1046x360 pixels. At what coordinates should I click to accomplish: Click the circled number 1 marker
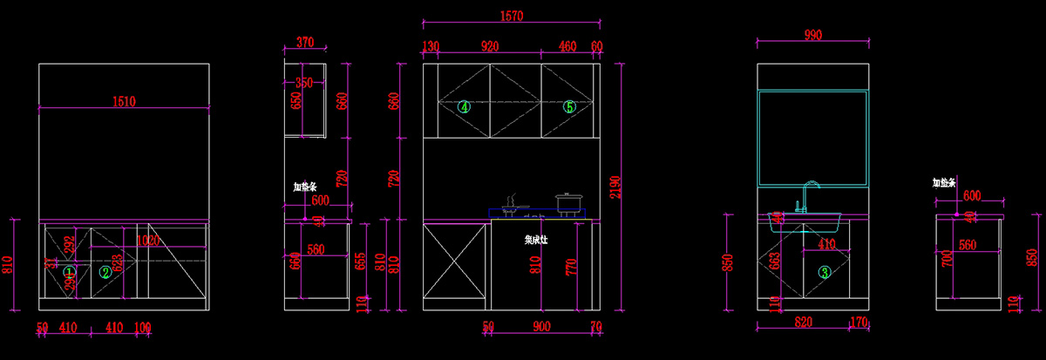pyautogui.click(x=70, y=272)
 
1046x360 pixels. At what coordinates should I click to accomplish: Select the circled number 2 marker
pyautogui.click(x=105, y=272)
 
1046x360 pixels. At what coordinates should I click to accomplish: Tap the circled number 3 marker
pyautogui.click(x=825, y=272)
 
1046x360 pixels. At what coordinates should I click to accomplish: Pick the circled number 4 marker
pyautogui.click(x=465, y=107)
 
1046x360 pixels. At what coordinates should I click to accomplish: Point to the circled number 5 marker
pyautogui.click(x=569, y=107)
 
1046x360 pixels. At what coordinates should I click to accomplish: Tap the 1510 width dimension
pyautogui.click(x=124, y=102)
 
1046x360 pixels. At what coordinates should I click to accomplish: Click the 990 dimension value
pyautogui.click(x=812, y=34)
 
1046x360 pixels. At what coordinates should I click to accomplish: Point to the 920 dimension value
pyautogui.click(x=489, y=46)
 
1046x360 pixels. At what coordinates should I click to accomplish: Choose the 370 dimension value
pyautogui.click(x=304, y=41)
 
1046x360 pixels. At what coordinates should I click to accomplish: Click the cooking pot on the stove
pyautogui.click(x=568, y=204)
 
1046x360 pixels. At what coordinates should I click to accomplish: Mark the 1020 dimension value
pyautogui.click(x=148, y=241)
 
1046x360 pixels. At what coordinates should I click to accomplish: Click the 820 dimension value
pyautogui.click(x=803, y=323)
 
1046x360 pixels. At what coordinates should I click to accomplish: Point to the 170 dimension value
pyautogui.click(x=859, y=323)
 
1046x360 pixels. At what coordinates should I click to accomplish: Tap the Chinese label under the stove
pyautogui.click(x=536, y=238)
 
